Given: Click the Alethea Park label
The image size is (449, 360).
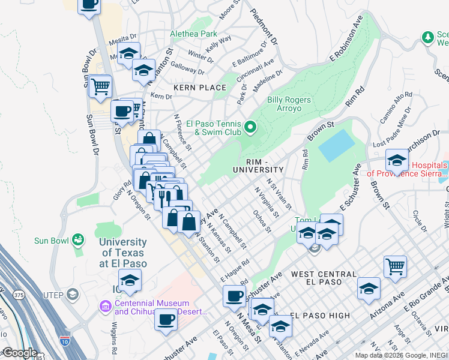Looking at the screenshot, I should point(193,34).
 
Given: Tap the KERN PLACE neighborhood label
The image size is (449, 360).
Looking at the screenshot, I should point(200,88).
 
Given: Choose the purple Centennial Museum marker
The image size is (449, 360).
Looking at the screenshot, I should point(105,308).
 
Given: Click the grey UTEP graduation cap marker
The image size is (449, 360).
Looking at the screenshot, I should point(73,294).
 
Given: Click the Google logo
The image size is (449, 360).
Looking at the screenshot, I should point(19,353).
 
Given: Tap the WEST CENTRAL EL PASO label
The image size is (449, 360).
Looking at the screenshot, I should point(316,277).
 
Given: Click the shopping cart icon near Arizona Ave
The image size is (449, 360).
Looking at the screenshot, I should point(395,266).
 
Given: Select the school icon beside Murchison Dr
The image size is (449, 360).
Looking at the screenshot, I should point(396,160).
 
